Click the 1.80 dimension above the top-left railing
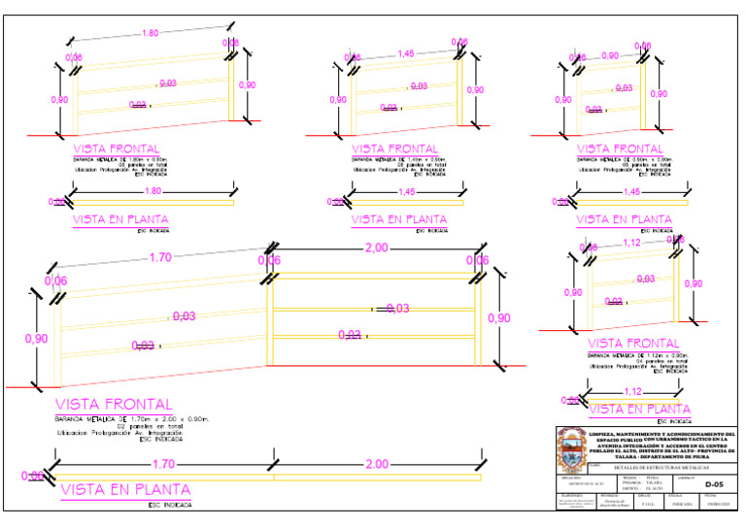click(x=151, y=33)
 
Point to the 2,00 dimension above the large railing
click(x=375, y=247)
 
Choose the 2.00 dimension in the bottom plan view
click(x=378, y=464)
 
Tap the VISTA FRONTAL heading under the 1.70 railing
click(x=114, y=404)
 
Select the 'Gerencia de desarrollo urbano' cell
click(x=612, y=503)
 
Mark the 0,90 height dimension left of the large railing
click(x=36, y=338)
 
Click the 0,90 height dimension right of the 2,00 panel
click(x=498, y=318)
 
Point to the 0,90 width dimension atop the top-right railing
click(x=610, y=55)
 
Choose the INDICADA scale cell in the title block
click(x=681, y=503)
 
